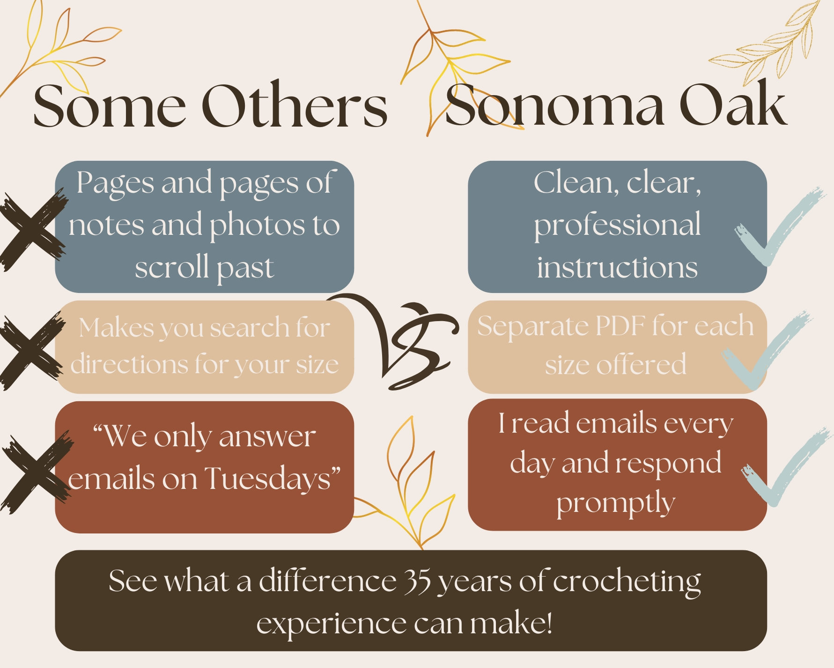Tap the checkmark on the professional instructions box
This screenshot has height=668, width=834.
(x=777, y=227)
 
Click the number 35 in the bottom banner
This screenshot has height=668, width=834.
(x=417, y=581)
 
